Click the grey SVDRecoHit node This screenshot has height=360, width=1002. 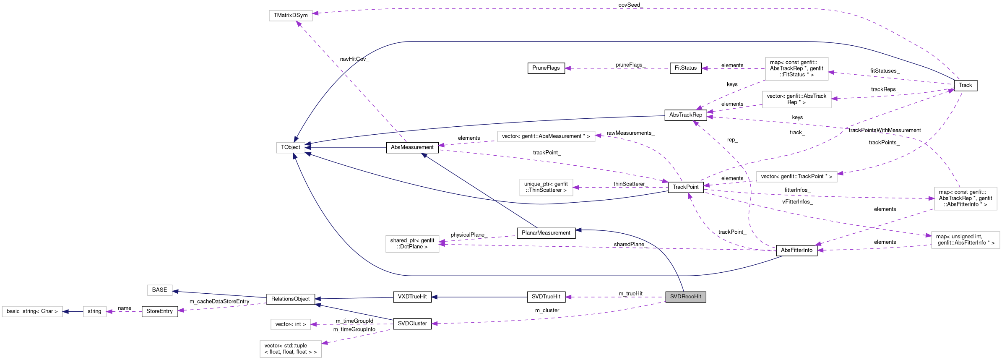click(x=685, y=297)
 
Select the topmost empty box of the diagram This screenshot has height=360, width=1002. click(x=291, y=16)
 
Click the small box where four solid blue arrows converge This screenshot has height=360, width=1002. click(x=290, y=148)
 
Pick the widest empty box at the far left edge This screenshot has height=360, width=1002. click(x=32, y=311)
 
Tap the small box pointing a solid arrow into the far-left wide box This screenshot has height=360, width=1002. click(x=94, y=311)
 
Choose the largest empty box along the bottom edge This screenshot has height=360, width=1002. click(x=291, y=349)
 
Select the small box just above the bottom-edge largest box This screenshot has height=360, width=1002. click(x=291, y=324)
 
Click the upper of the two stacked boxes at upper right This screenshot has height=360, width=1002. click(x=796, y=68)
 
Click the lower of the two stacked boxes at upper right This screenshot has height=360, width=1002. click(x=796, y=99)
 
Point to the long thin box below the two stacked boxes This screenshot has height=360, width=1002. click(x=796, y=177)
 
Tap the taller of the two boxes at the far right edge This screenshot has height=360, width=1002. click(x=965, y=198)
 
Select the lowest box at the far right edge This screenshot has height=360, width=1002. click(x=965, y=240)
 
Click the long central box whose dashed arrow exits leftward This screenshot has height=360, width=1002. click(x=546, y=136)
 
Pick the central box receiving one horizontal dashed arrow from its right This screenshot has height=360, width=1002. click(x=546, y=187)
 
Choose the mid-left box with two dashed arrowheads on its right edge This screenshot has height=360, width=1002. click(x=412, y=244)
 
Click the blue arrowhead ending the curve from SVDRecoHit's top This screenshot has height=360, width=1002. click(x=578, y=230)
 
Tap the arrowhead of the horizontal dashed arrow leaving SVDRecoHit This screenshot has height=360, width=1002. click(x=568, y=297)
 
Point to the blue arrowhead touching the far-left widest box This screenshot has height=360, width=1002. click(x=65, y=312)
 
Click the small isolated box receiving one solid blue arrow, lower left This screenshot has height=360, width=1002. click(x=160, y=290)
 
